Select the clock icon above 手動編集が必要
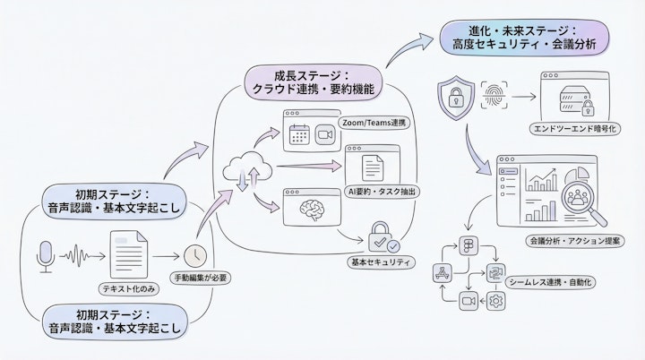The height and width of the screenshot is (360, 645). [195, 255]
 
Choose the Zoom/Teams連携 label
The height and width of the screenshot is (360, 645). [374, 122]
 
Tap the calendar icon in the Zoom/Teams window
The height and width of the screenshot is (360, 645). [298, 135]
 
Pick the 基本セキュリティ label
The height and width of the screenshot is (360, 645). [382, 262]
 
